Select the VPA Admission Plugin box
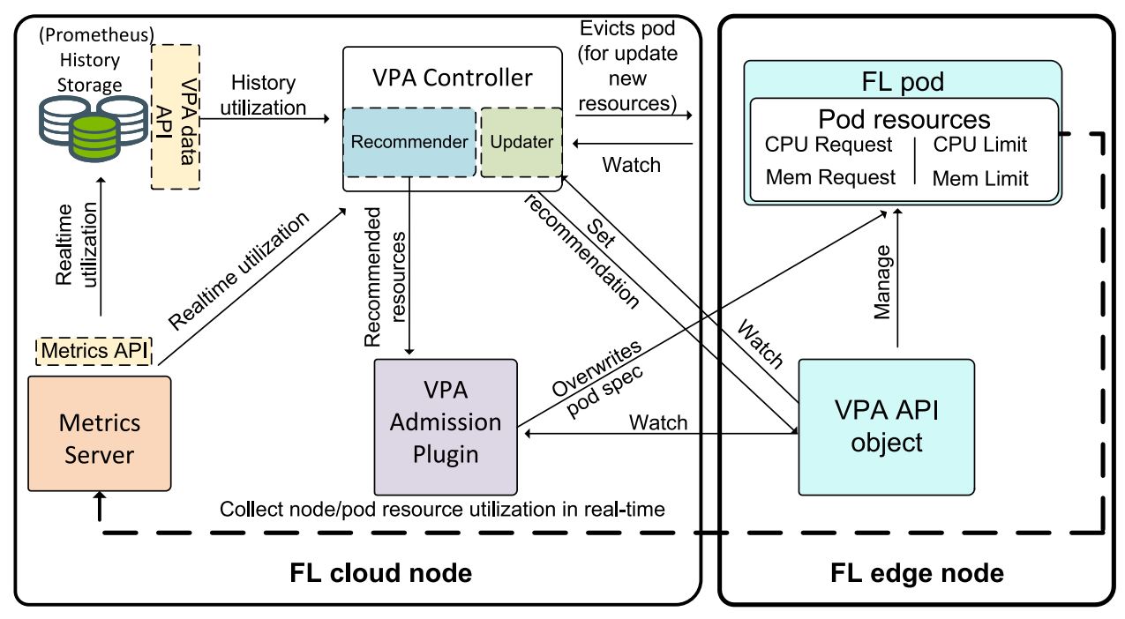(x=446, y=426)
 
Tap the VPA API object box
(x=887, y=426)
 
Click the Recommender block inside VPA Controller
(x=409, y=142)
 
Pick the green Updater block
(x=521, y=142)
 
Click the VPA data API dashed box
(x=176, y=116)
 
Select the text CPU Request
(x=829, y=145)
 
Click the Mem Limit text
(x=980, y=179)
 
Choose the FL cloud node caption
(x=380, y=573)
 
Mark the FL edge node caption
(x=917, y=573)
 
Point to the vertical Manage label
(x=882, y=282)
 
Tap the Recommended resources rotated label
(x=386, y=276)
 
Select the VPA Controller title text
(x=452, y=78)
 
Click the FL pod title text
(x=902, y=82)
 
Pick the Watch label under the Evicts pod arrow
(x=631, y=164)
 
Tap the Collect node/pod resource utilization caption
(x=441, y=509)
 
